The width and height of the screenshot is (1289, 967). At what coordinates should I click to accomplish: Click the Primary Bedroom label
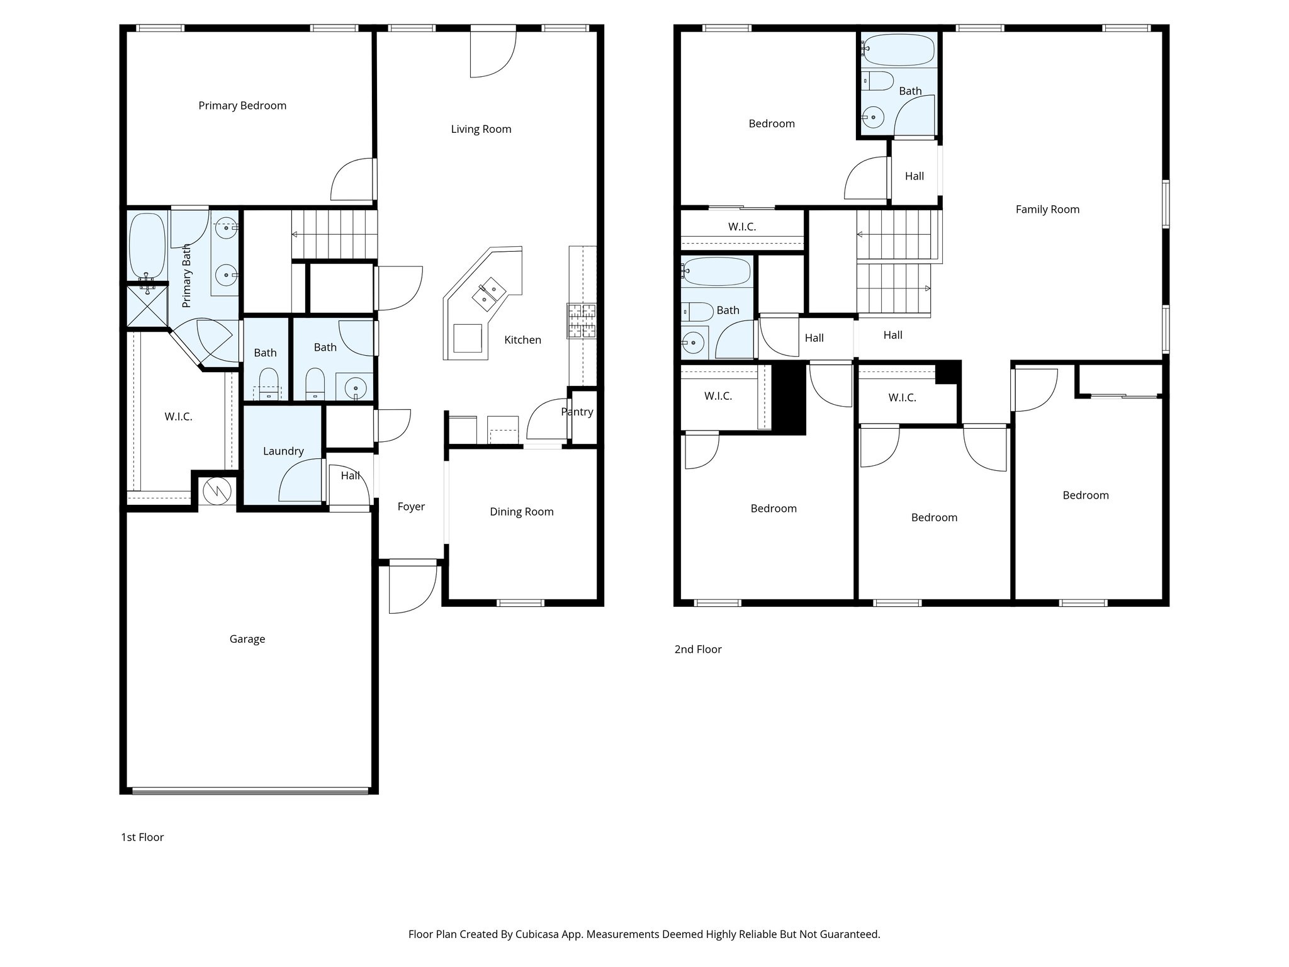(x=242, y=106)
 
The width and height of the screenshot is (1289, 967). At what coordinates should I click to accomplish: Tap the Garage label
(x=247, y=639)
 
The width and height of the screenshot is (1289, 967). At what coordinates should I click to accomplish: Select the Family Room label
(x=1047, y=210)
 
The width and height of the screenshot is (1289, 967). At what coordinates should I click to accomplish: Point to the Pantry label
(x=577, y=412)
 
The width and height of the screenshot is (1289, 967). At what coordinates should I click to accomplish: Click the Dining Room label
(x=522, y=512)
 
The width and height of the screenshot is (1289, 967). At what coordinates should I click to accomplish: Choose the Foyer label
(x=411, y=507)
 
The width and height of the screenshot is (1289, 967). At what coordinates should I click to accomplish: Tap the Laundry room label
(x=283, y=451)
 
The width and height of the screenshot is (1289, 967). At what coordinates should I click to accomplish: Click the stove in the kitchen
(x=582, y=321)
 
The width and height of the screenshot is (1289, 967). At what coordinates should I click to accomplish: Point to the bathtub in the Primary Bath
(x=147, y=246)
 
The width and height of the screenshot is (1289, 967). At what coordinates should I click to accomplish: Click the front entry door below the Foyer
(x=412, y=585)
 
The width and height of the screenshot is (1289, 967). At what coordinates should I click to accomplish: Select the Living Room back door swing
(x=493, y=54)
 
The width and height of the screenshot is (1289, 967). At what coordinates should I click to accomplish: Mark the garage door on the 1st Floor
(x=250, y=790)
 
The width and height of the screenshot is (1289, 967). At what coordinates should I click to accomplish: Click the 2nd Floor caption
(x=697, y=649)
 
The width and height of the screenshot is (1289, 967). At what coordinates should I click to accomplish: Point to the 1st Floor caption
(x=142, y=837)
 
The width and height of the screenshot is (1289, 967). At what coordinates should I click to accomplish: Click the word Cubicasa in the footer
(x=539, y=934)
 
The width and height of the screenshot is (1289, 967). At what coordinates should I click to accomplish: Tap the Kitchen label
(x=522, y=340)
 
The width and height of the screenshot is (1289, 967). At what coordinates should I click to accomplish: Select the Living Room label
(x=481, y=129)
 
